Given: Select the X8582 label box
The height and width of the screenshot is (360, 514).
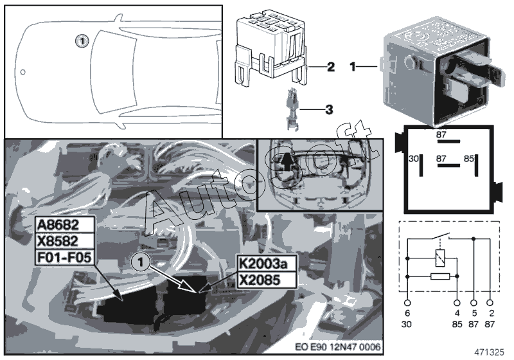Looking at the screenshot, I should [64, 242].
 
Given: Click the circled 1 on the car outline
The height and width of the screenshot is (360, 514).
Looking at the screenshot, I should [80, 40].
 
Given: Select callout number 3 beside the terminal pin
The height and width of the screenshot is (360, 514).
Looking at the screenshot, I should [329, 110].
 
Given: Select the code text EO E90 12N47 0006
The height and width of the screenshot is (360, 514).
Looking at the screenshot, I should [338, 347].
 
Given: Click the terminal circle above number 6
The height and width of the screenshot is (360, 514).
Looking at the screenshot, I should [407, 301].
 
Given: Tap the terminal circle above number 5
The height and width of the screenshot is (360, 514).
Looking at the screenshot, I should [474, 301].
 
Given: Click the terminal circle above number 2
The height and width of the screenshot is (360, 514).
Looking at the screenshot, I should [491, 301].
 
